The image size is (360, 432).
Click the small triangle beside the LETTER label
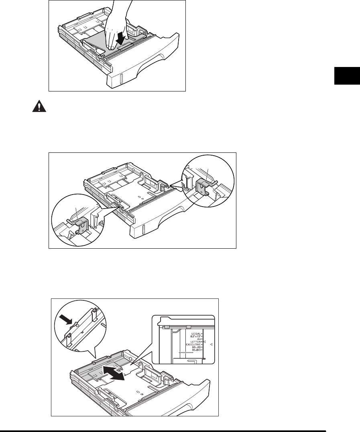[204, 341]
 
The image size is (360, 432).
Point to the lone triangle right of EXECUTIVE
[212, 345]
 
